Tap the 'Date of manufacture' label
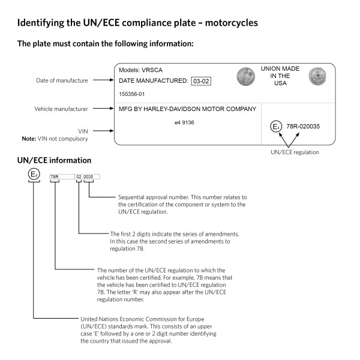pyautogui.click(x=62, y=80)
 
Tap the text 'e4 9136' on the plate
pyautogui.click(x=184, y=122)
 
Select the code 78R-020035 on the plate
pyautogui.click(x=304, y=127)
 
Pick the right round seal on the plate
pyautogui.click(x=316, y=76)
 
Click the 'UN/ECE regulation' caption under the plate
pyautogui.click(x=294, y=152)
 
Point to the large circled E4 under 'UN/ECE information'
pyautogui.click(x=35, y=175)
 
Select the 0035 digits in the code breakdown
pyautogui.click(x=89, y=177)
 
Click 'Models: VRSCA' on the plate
pyautogui.click(x=140, y=70)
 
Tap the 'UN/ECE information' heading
pyautogui.click(x=55, y=161)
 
